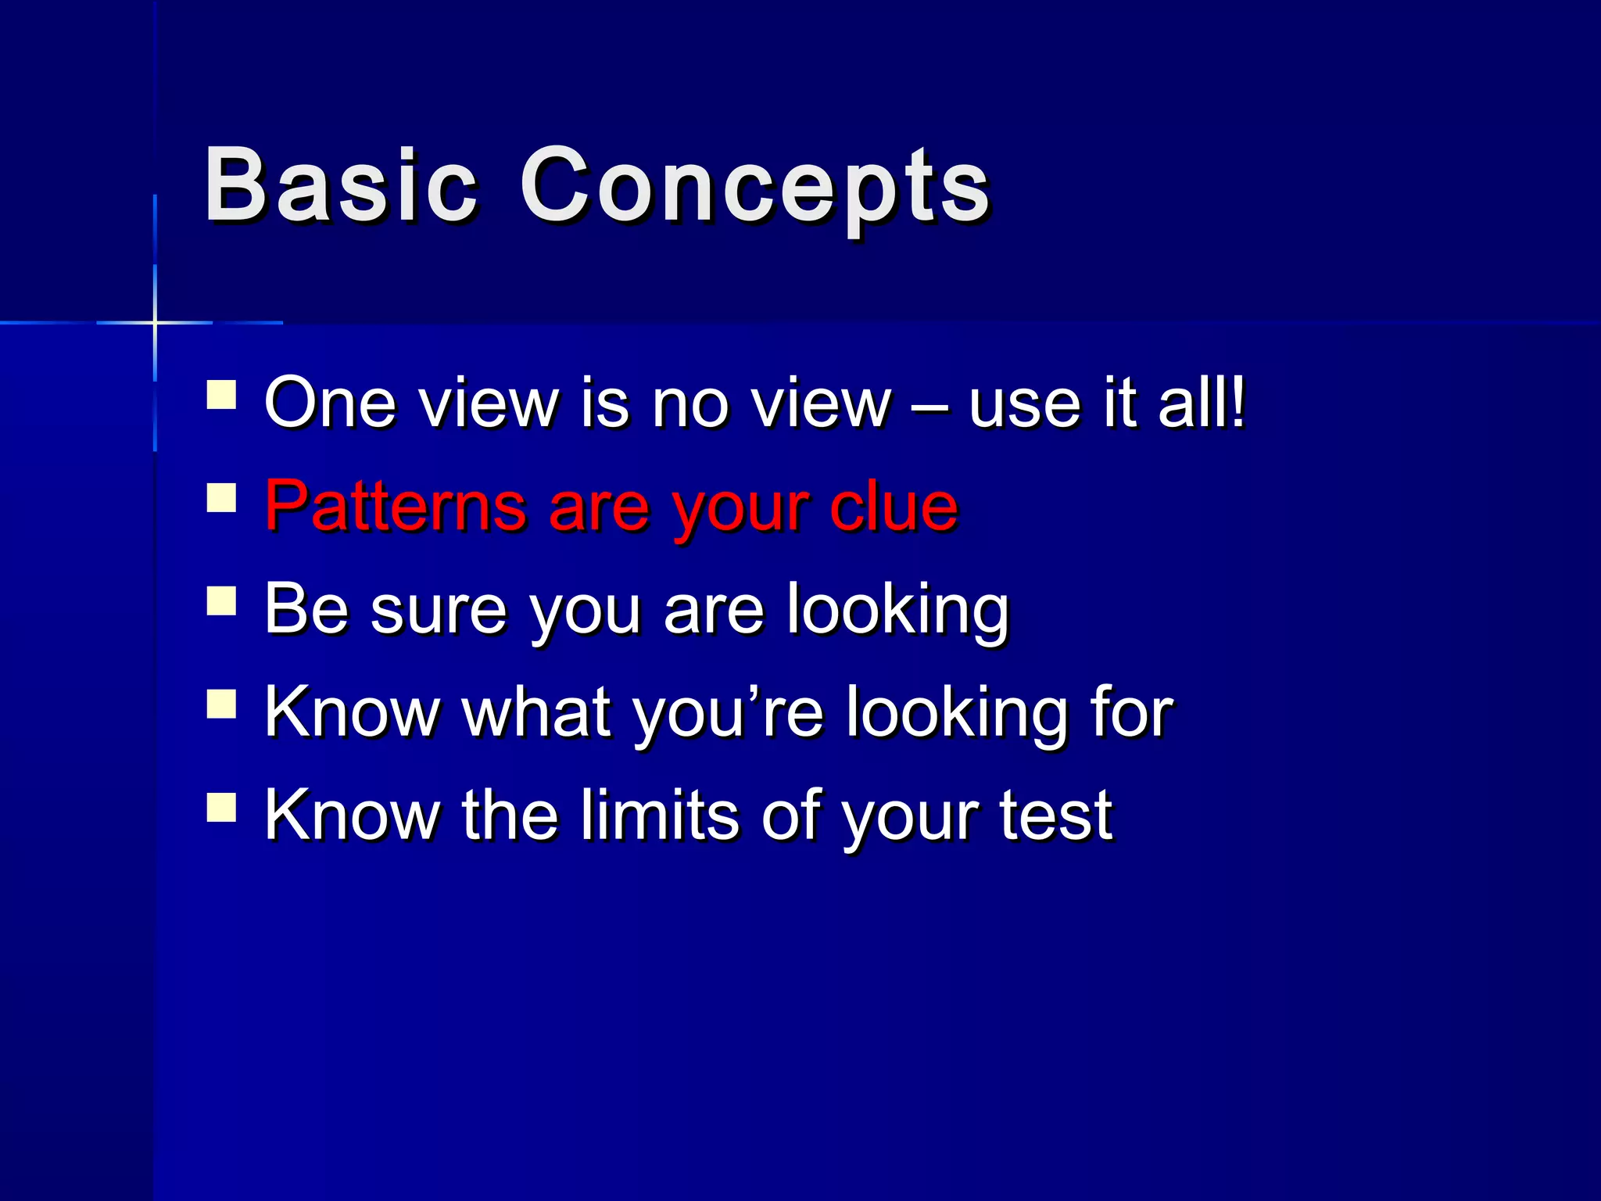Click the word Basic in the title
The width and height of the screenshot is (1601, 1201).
tap(340, 186)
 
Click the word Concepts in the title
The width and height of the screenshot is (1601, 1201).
tap(754, 188)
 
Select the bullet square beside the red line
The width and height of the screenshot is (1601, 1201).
tap(221, 498)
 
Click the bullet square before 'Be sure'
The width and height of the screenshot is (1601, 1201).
tap(221, 601)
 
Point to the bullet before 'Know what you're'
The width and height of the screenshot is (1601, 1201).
tap(221, 704)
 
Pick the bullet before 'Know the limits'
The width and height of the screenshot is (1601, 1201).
tap(221, 807)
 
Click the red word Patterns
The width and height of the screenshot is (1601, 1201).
tap(395, 506)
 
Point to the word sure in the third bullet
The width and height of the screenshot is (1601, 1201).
tap(439, 611)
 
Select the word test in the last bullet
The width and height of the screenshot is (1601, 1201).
tap(1055, 816)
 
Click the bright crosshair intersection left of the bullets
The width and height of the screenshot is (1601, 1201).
tap(155, 322)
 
